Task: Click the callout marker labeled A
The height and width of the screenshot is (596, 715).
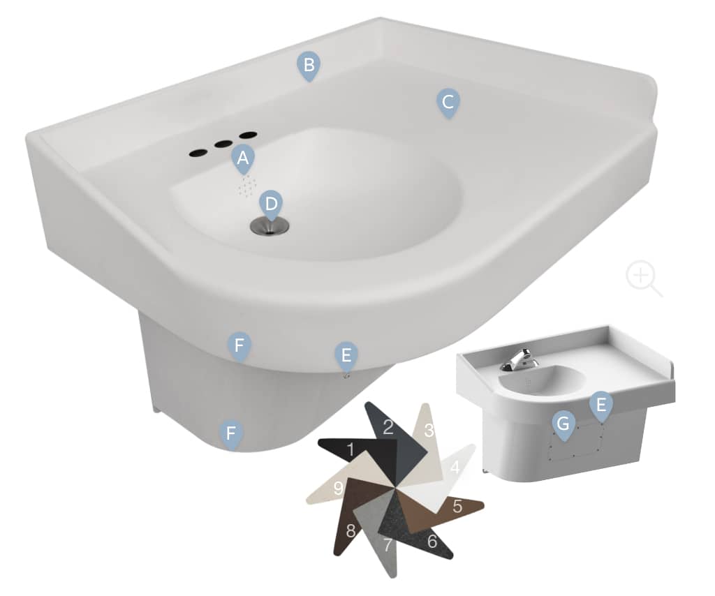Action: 242,159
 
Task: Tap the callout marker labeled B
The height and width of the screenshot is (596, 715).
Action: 308,66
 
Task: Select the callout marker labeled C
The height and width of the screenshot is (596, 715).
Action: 448,102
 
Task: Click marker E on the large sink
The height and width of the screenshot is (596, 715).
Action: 346,355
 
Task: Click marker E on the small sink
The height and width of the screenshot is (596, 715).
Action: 600,405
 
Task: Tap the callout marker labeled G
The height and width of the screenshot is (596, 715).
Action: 563,424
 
